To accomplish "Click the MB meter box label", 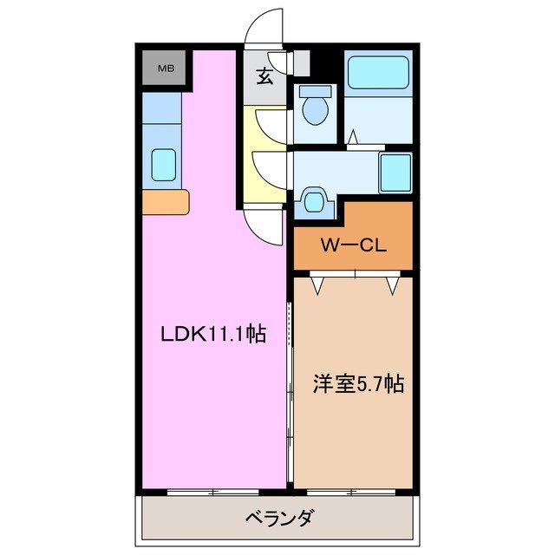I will pyautogui.click(x=163, y=69).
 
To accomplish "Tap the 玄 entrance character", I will pyautogui.click(x=264, y=75).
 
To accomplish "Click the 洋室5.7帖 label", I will pyautogui.click(x=357, y=384).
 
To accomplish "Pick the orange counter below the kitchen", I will pyautogui.click(x=165, y=202).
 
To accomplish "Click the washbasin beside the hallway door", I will pyautogui.click(x=312, y=202).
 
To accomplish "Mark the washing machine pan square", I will pyautogui.click(x=395, y=172).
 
